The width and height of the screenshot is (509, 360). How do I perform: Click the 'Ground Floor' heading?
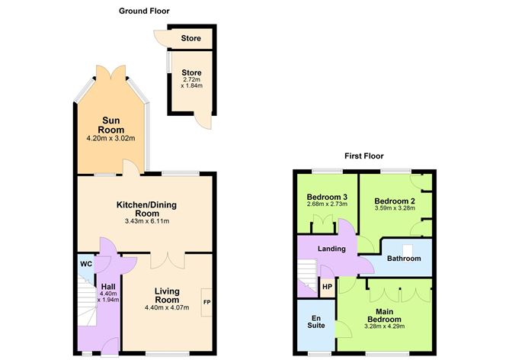[145, 11]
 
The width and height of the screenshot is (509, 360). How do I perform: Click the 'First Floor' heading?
[363, 156]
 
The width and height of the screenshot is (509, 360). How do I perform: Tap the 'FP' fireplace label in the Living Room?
[206, 302]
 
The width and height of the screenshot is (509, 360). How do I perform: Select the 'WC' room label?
[86, 265]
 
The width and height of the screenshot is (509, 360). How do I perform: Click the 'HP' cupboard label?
[327, 288]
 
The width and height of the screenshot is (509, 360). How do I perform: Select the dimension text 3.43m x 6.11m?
[146, 221]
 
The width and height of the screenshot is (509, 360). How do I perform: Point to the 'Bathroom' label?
[404, 259]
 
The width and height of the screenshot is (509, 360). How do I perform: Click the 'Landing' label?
[332, 249]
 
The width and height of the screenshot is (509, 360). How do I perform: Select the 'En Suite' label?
[315, 320]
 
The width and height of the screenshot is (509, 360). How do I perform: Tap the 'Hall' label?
[107, 287]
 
